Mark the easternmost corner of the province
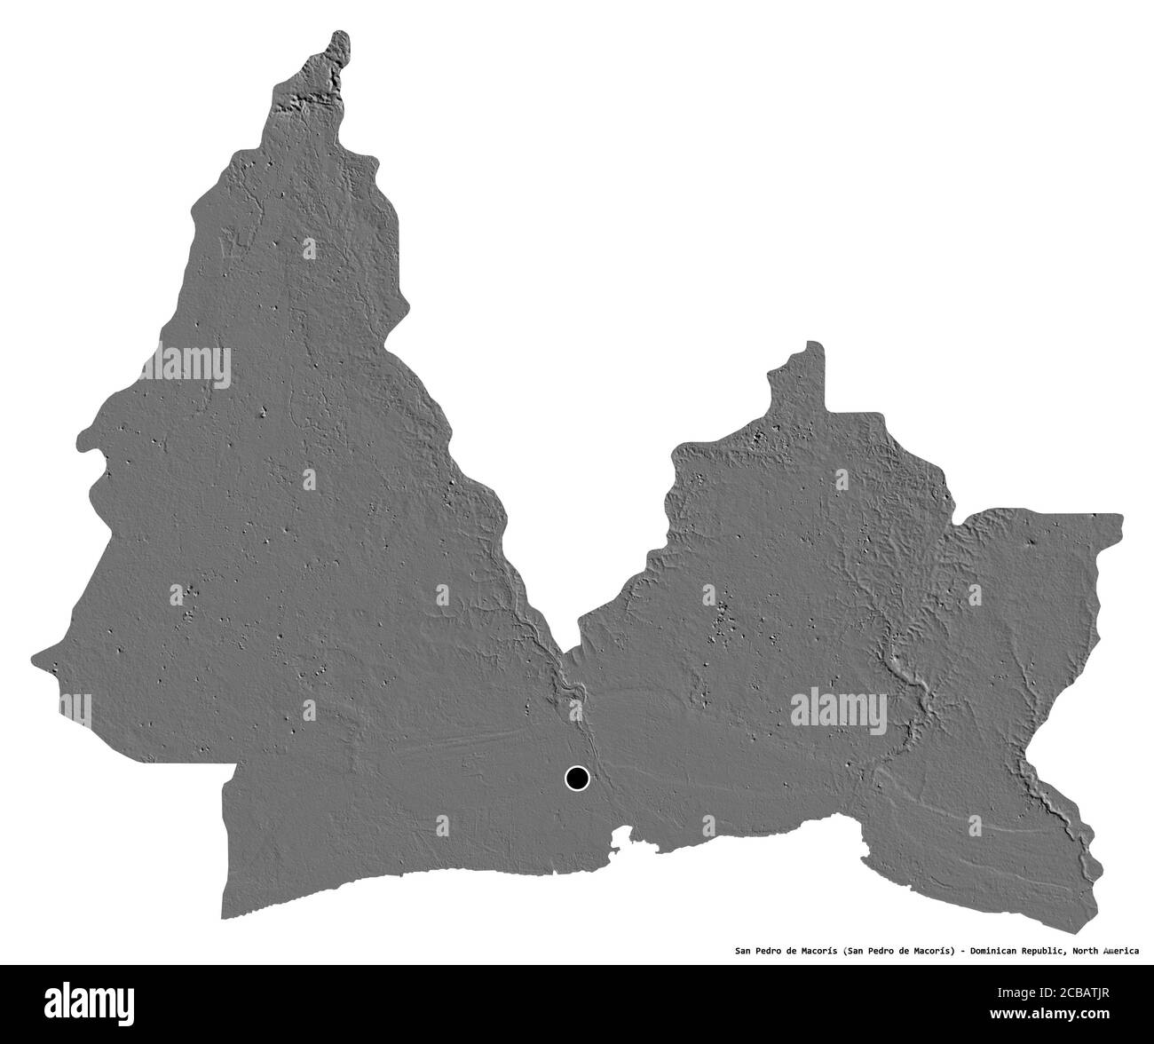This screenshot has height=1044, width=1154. (1120, 518)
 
